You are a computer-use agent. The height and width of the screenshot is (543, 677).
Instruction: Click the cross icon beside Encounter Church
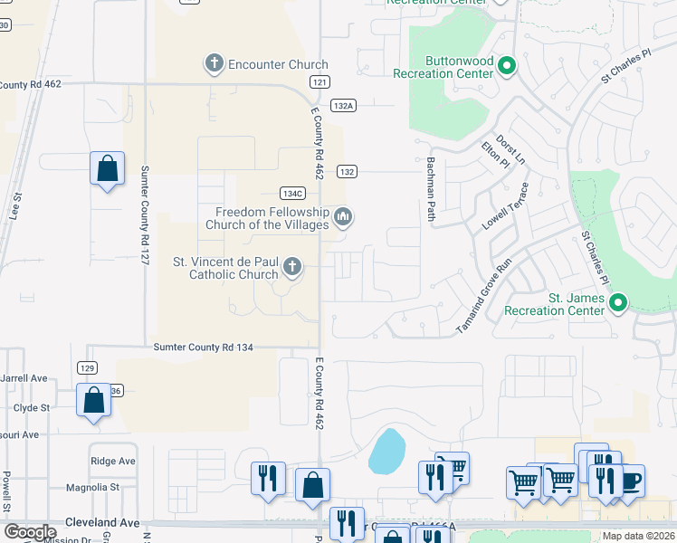(214, 63)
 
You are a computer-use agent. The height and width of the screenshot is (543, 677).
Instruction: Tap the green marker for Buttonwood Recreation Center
(508, 65)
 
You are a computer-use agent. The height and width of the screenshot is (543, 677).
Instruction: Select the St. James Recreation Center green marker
(618, 302)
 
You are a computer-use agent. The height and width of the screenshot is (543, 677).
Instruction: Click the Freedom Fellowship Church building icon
(343, 216)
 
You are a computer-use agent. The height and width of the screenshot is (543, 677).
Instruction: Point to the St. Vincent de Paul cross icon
(291, 266)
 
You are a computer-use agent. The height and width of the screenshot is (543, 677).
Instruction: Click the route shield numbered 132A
(343, 106)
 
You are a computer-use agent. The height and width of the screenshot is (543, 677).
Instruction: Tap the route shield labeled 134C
(291, 193)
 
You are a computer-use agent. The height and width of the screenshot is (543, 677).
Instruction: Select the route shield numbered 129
(87, 368)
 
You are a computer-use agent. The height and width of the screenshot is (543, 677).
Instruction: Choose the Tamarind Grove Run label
(484, 295)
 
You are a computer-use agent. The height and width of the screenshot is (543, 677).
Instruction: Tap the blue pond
(386, 452)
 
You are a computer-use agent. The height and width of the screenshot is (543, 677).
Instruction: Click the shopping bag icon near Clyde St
(93, 400)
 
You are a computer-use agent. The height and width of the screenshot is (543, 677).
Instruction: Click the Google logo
(31, 532)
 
